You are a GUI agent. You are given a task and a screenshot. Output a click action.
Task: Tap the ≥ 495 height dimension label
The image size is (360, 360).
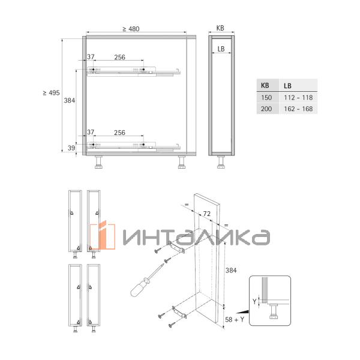(x=51, y=93)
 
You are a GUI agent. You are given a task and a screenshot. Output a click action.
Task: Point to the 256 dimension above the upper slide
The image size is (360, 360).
(x=119, y=58)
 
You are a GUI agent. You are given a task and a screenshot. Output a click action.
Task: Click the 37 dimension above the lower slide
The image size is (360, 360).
(x=91, y=132)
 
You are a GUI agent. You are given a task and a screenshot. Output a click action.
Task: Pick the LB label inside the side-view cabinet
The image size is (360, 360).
(x=221, y=49)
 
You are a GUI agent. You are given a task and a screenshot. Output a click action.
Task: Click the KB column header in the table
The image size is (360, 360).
(x=266, y=85)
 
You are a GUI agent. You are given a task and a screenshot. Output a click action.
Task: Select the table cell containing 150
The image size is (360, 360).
(x=266, y=97)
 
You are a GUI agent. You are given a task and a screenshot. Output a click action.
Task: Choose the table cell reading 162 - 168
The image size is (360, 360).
(x=298, y=109)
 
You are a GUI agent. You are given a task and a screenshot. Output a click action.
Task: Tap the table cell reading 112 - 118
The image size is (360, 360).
(x=298, y=97)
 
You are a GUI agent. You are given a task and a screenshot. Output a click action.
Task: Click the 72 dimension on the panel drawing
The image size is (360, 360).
(x=205, y=214)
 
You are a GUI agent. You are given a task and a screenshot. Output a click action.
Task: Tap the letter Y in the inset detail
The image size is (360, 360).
(x=254, y=301)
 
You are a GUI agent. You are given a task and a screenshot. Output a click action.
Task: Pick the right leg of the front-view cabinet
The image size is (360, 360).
(x=181, y=163)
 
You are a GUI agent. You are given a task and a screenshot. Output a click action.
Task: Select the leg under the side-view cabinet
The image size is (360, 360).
(x=221, y=163)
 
